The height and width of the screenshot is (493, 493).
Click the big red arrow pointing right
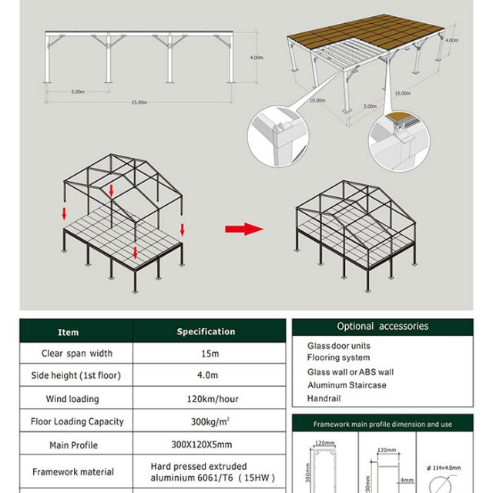tap(243, 229)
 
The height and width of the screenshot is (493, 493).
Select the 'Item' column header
tap(69, 332)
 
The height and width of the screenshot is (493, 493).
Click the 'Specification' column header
tap(206, 332)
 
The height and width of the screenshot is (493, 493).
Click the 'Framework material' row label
tap(73, 471)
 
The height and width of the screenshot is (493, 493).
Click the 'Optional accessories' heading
tap(382, 327)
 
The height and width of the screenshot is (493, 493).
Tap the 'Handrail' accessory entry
tap(324, 399)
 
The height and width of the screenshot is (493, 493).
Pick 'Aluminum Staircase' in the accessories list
tap(347, 385)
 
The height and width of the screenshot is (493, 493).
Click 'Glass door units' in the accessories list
tap(339, 347)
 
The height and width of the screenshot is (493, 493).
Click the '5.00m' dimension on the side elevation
tap(78, 92)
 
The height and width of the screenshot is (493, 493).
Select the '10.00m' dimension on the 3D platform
tap(317, 100)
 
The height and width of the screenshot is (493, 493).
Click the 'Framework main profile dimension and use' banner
tap(382, 424)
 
